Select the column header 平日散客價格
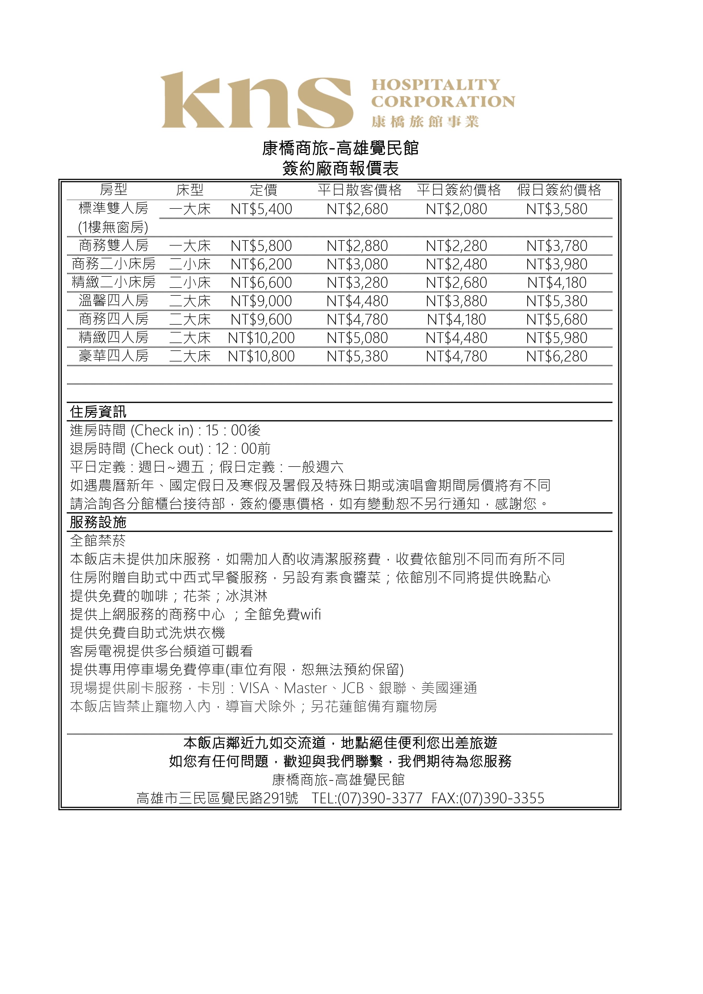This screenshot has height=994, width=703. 360,190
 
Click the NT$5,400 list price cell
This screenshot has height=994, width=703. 261,209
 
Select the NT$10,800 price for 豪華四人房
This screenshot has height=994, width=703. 261,356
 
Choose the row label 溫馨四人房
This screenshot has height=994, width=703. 114,301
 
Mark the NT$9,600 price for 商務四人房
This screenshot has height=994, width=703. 261,320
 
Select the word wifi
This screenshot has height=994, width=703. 310,614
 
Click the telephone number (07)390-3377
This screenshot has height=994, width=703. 379,798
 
